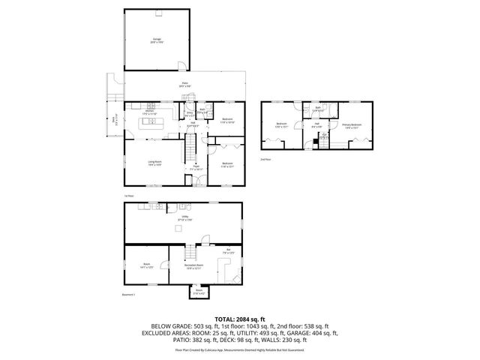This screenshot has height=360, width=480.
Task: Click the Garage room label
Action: (157, 40)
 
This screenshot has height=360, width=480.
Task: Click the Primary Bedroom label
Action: (352, 126)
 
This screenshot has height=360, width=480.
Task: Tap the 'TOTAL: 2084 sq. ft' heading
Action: (239, 319)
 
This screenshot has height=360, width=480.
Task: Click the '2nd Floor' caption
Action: (265, 159)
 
